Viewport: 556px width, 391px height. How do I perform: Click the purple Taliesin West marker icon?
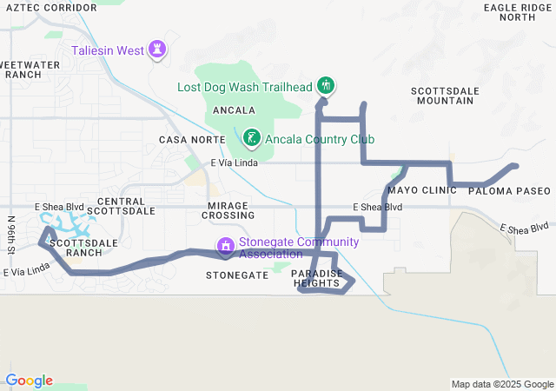tap(157, 49)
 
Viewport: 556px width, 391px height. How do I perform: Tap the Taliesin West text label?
tap(108, 50)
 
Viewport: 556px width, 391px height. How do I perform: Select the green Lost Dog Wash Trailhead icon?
tap(326, 85)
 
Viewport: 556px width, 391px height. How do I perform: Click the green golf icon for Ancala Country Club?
tap(251, 137)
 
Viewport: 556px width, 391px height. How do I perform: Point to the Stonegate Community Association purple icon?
tap(226, 247)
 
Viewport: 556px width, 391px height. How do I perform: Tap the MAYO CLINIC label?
tap(422, 190)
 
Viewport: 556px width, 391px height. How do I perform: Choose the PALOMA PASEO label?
tap(510, 190)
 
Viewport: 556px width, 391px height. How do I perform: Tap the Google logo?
tap(29, 381)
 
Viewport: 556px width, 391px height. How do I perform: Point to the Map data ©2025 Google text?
tap(502, 384)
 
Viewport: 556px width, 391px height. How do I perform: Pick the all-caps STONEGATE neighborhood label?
tap(236, 275)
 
